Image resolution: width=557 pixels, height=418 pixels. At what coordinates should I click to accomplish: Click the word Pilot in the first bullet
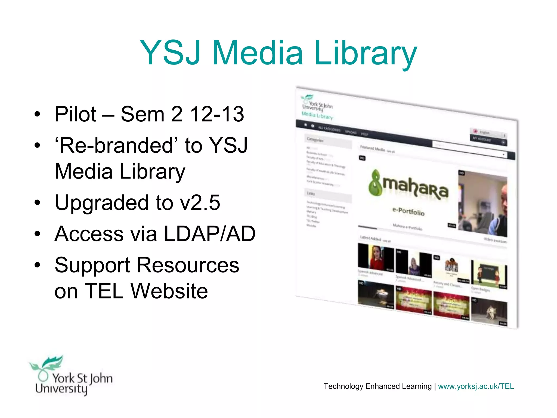point(75,114)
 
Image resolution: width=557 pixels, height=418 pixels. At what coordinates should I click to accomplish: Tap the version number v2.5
point(200,202)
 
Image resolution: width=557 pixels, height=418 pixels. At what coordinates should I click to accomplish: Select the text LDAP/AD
point(209,234)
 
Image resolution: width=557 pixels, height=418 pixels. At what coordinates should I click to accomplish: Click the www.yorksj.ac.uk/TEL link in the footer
point(476,386)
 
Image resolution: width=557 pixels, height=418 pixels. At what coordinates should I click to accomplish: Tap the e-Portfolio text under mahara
point(408,211)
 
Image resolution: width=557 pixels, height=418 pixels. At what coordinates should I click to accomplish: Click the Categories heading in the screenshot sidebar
point(315,140)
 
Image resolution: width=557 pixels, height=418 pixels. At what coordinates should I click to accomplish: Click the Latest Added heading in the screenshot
point(370,238)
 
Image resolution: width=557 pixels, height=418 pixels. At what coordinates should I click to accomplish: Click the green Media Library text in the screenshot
point(317,115)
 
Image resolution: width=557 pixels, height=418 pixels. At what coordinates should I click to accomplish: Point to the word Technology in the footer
point(343,386)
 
